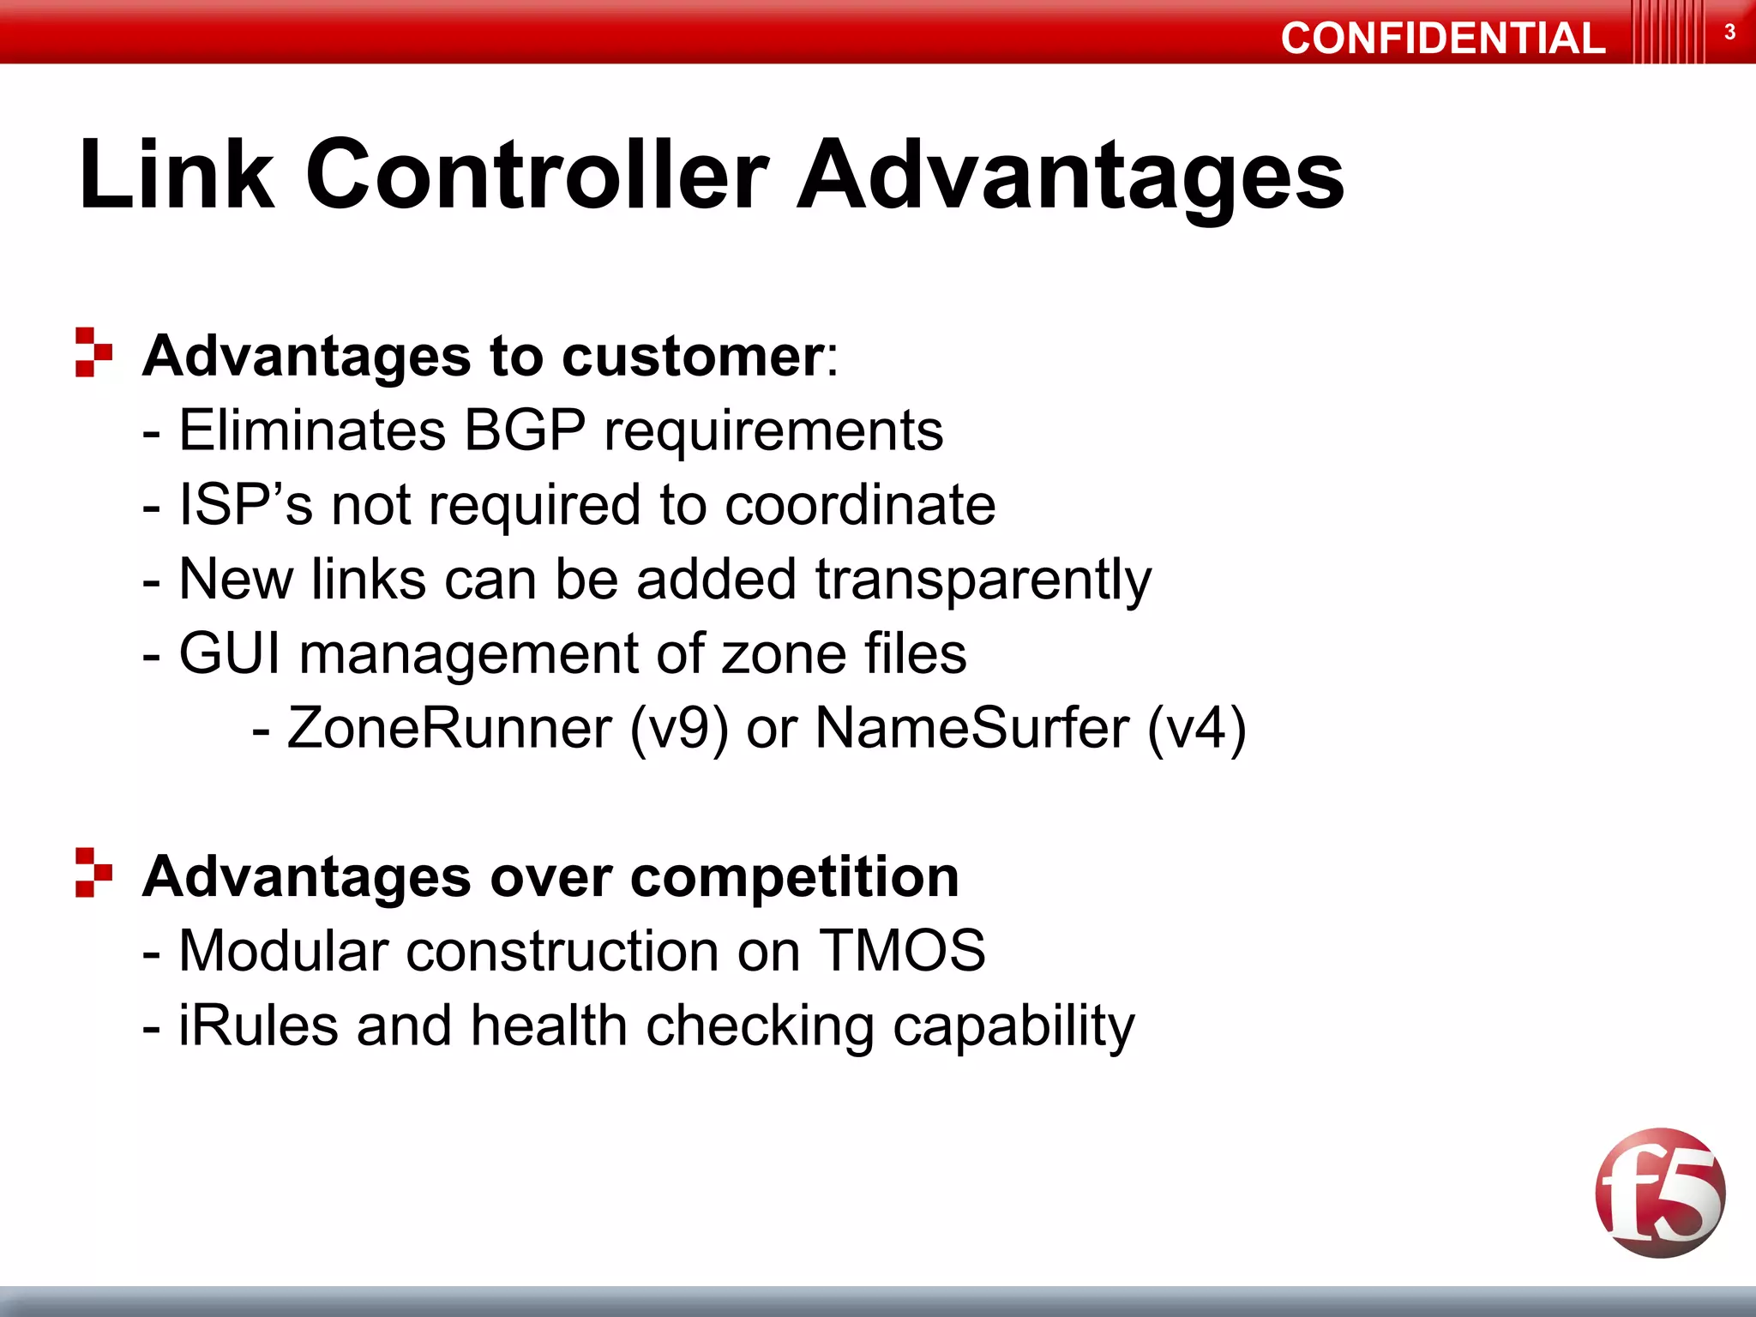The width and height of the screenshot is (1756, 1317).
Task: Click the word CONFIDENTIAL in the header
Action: (1442, 39)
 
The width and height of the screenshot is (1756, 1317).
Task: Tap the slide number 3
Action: (1729, 33)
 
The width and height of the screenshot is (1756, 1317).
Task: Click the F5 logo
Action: (1660, 1193)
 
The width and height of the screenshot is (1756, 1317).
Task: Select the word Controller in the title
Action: (537, 175)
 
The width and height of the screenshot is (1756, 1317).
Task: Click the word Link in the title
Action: (177, 175)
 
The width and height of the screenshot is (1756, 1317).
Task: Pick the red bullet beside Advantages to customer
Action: (93, 352)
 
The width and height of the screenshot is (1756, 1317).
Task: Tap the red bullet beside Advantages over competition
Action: (93, 872)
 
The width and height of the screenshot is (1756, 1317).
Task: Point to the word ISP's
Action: (245, 504)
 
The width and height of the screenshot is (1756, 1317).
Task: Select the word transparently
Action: (983, 580)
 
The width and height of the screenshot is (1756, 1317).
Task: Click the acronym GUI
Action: (229, 653)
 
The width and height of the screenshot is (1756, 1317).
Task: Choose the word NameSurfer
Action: (971, 728)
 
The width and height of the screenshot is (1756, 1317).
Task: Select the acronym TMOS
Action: (902, 951)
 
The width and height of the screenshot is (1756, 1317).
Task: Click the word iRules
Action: (258, 1025)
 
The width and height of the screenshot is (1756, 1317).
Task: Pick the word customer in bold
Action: (693, 357)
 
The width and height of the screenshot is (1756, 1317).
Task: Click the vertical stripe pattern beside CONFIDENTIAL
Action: (1668, 33)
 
